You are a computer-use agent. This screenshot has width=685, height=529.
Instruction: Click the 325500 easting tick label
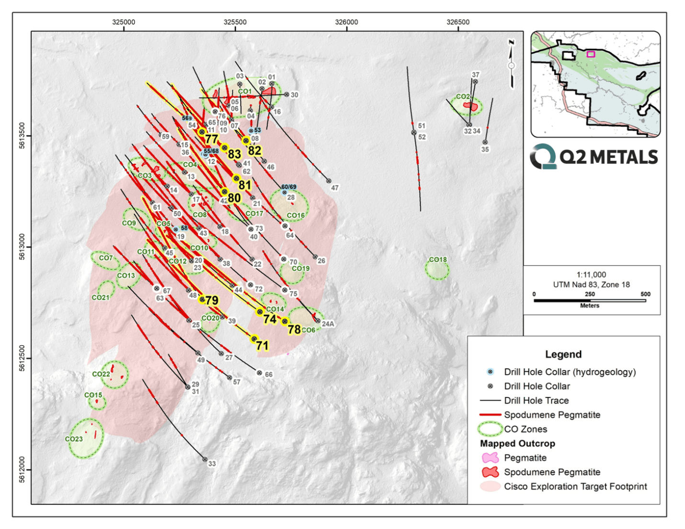[x=235, y=22]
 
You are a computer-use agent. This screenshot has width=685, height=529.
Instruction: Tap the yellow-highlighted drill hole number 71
[x=262, y=346]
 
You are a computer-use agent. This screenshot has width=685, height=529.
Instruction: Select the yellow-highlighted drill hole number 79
[x=212, y=301]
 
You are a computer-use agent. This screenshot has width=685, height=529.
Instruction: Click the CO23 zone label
[x=74, y=439]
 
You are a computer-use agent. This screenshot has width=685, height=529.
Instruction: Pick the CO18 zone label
[x=438, y=259]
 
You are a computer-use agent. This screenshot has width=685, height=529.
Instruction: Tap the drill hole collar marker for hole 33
[x=205, y=460]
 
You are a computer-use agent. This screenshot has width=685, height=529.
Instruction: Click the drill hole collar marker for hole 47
[x=329, y=181]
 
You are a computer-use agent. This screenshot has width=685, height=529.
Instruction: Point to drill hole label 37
[x=476, y=75]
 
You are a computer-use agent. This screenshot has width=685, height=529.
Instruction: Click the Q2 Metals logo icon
[x=543, y=157]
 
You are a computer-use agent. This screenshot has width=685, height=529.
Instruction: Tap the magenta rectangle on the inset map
[x=591, y=54]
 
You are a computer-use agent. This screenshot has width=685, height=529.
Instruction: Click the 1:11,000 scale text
[x=591, y=275]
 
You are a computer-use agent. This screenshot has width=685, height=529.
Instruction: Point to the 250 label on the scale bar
[x=590, y=294]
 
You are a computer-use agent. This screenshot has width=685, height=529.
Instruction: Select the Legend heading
[x=563, y=354]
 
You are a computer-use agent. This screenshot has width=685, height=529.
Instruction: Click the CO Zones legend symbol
[x=490, y=429]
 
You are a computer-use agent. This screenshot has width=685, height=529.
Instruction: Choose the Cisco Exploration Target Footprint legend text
[x=575, y=486]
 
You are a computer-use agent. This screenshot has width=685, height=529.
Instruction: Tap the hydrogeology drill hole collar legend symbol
[x=490, y=372]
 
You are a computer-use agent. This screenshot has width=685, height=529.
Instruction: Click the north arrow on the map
[x=512, y=65]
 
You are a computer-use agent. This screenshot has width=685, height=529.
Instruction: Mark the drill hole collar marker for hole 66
[x=259, y=373]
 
